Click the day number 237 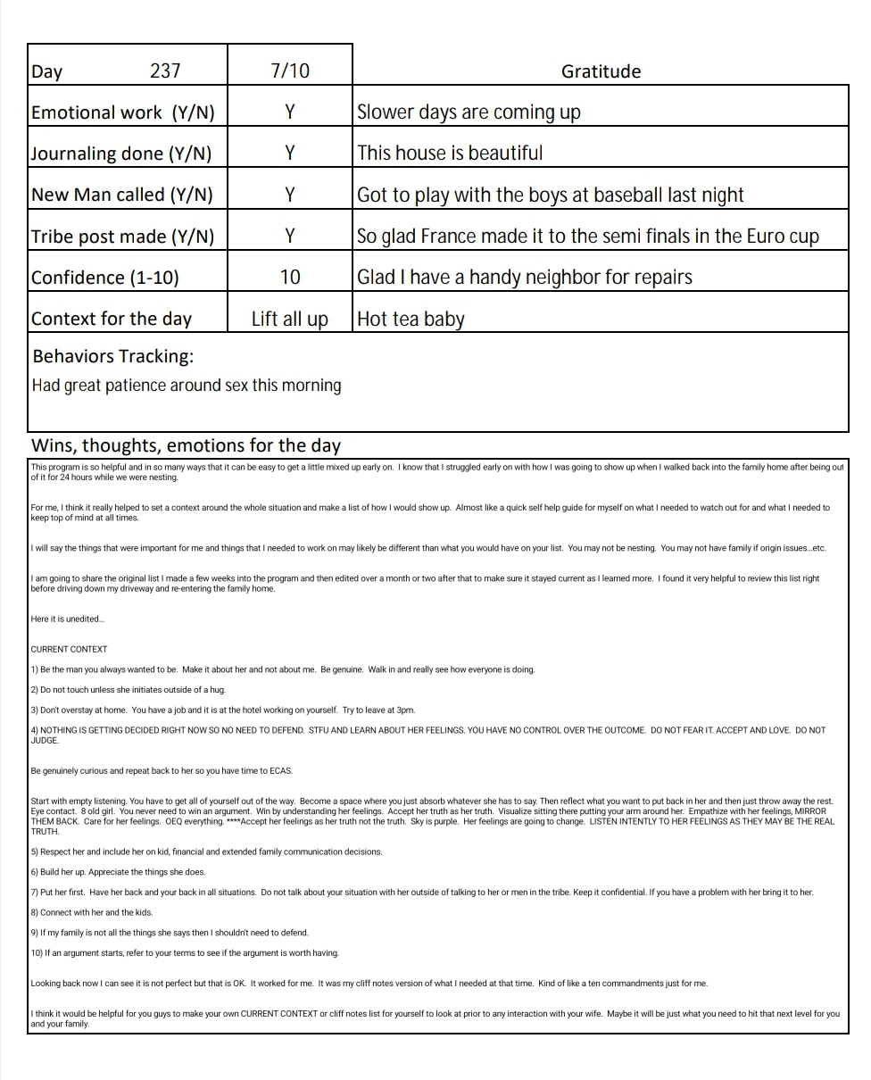165,71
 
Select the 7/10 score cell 290,71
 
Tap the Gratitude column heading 601,71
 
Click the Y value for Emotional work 290,112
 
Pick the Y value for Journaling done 290,153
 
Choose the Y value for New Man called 290,195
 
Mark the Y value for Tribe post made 290,236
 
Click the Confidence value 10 290,277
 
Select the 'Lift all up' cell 290,319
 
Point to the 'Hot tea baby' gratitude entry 411,319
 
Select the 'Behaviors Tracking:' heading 112,356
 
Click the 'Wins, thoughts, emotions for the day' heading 186,445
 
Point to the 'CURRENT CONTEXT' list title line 69,649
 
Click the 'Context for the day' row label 112,319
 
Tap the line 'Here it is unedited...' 68,619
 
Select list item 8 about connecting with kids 92,912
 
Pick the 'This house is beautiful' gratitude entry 450,153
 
